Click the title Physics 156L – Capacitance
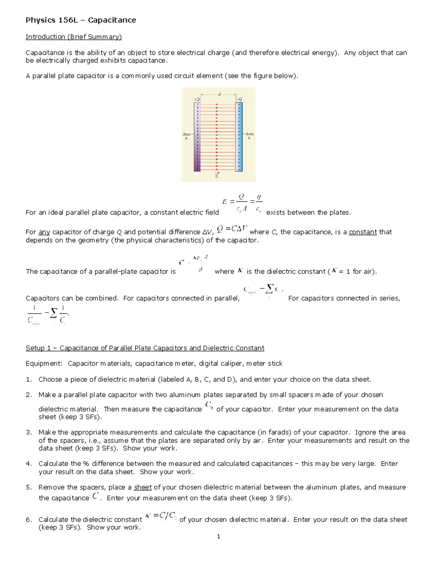(80, 20)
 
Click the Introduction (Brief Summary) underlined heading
(74, 37)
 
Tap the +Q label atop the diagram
(197, 99)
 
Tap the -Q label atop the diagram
(239, 99)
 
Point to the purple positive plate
(197, 137)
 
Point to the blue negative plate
(239, 137)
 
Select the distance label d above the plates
(219, 94)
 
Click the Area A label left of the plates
(186, 136)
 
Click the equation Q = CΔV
(232, 229)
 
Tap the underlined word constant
(363, 232)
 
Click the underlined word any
(44, 232)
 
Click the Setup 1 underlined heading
(145, 348)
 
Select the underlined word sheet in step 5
(143, 488)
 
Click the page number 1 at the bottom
(219, 537)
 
